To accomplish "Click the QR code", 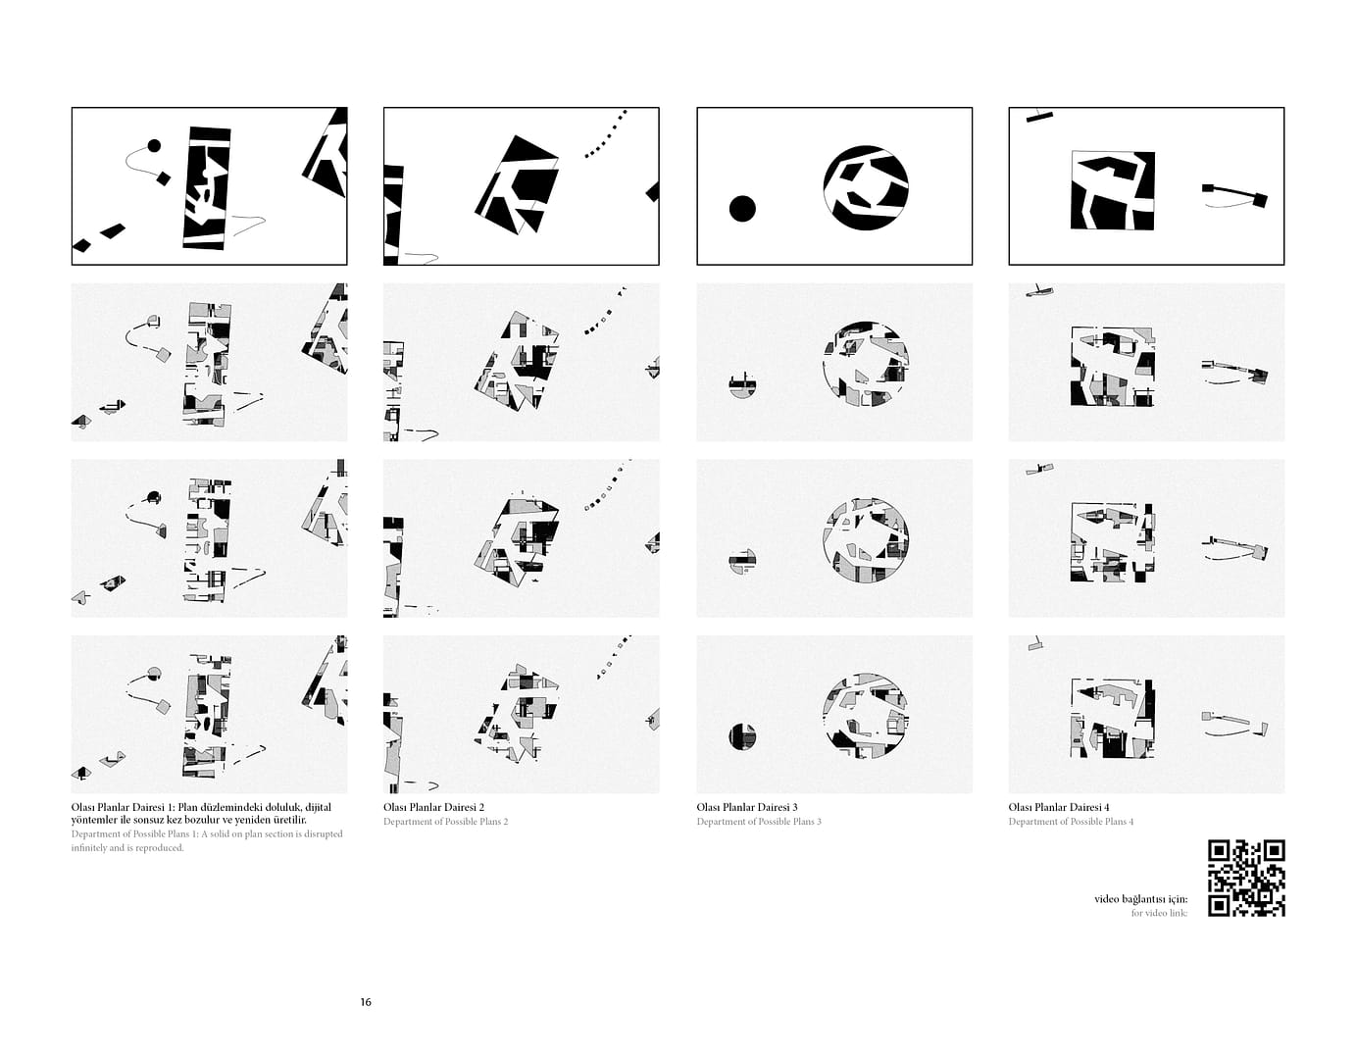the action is coord(1246,878).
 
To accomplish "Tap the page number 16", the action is coord(366,1002).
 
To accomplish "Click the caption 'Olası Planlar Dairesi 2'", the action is coord(433,807).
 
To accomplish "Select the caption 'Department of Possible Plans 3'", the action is coord(759,822).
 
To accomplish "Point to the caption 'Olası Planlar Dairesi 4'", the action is coord(1059,807).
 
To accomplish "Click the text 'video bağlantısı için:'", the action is coord(1140,899).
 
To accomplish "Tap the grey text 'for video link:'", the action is coord(1160,913).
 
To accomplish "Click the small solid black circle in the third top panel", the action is coord(742,209).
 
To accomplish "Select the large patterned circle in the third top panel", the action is coord(866,188).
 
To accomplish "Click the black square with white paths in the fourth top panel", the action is coord(1113,190).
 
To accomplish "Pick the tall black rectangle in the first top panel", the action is coord(207,188).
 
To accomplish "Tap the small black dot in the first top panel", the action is coord(154,146).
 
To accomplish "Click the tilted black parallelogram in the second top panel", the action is coord(517,184).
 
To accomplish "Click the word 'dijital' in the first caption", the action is coord(319,808).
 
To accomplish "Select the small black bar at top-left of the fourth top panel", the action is coord(1039,117).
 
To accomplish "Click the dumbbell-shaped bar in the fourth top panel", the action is coord(1235,193).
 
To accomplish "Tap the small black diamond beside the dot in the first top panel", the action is coord(164,178).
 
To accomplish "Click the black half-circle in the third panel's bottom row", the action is coord(742,736).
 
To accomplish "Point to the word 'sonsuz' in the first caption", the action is coord(150,820).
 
